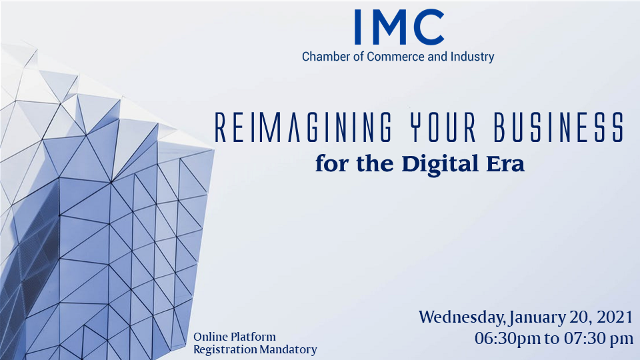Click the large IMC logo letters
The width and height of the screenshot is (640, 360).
point(399,27)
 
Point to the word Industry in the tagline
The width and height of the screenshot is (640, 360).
point(472,57)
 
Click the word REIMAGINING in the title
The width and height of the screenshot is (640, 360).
point(303,127)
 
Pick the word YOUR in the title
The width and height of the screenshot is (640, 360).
point(443,127)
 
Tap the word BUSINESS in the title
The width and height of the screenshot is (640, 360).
point(559,127)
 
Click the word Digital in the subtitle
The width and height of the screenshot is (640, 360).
point(440,165)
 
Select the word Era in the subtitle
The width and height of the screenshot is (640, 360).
point(505,164)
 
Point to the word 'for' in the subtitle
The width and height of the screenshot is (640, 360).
point(332,164)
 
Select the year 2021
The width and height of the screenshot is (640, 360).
point(614,317)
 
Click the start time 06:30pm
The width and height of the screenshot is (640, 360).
point(507,339)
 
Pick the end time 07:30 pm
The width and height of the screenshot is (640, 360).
point(599,339)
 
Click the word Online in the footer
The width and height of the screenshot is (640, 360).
point(211,337)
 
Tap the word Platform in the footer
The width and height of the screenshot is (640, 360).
point(253,337)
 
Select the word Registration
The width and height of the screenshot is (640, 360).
point(225,350)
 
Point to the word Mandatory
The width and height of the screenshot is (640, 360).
point(288,350)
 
